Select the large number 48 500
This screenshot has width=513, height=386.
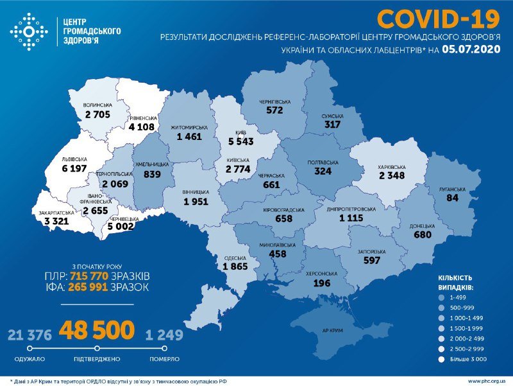97,331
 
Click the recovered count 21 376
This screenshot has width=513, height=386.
29,335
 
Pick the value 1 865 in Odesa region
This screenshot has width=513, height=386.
235,266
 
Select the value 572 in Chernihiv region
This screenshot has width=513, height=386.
274,110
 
